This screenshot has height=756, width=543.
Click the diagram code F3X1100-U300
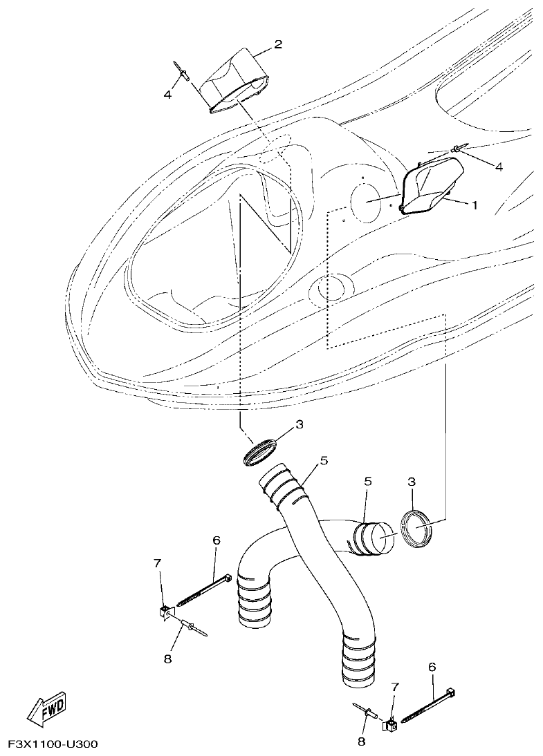53,744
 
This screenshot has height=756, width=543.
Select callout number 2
278,45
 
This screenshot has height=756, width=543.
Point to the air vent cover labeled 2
236,79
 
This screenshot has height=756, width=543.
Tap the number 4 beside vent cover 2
167,94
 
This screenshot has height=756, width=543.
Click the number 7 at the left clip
158,564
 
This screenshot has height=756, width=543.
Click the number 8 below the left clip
167,659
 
